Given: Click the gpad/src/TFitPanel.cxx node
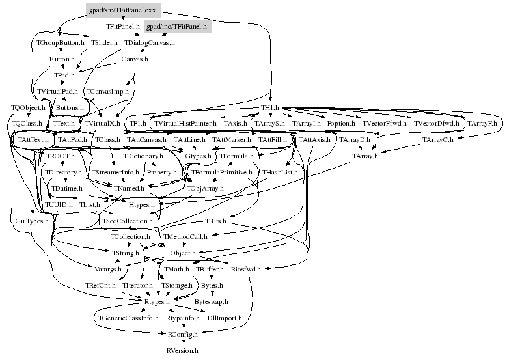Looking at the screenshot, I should (x=123, y=11).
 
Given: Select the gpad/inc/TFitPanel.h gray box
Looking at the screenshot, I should (x=176, y=27).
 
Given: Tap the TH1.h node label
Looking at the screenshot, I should (x=269, y=107).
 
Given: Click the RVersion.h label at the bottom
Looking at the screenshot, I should (x=182, y=350).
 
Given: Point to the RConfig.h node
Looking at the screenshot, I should (x=182, y=334).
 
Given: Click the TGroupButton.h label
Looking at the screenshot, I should (x=59, y=42).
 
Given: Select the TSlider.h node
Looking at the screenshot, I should (x=104, y=42).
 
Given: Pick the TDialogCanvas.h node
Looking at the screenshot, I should (x=150, y=42).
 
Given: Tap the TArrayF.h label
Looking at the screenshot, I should (x=482, y=123).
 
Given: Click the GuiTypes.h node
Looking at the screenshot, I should (x=29, y=221).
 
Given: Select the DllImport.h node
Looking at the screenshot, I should (x=225, y=318).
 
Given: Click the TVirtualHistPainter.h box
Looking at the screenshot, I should (x=184, y=123).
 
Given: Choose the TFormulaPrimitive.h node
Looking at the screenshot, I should (x=221, y=173).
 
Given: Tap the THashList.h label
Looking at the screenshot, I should (x=280, y=173).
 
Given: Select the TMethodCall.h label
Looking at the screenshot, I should (x=186, y=236).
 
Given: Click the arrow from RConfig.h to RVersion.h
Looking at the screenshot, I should (x=182, y=342).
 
